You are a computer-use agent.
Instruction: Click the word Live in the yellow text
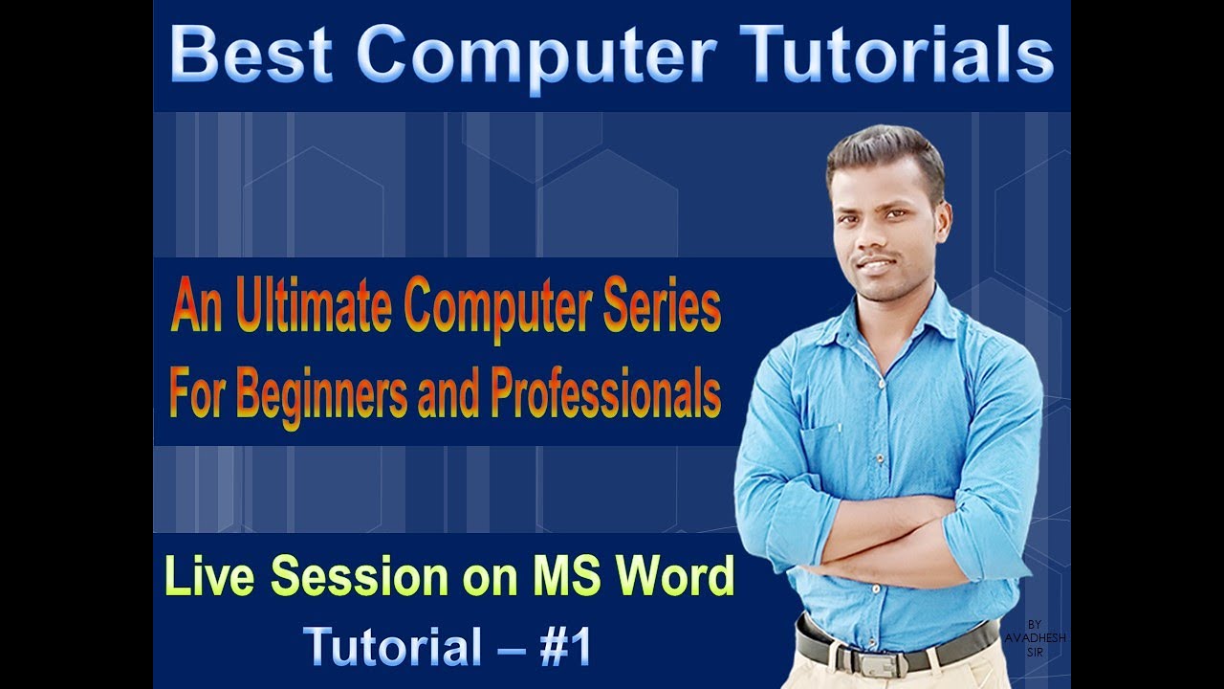[208, 576]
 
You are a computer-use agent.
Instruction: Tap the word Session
[355, 576]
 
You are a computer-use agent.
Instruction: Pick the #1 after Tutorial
[566, 648]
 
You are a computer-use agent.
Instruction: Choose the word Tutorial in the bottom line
[392, 648]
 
